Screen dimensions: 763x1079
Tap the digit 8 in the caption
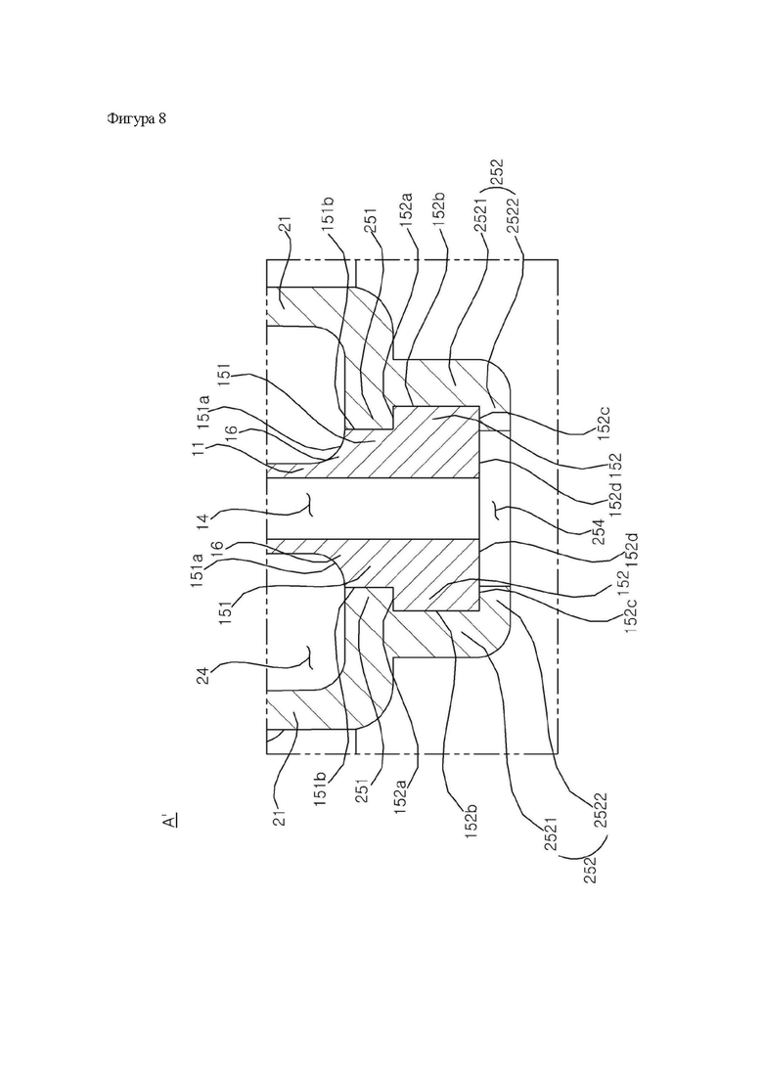(162, 118)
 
